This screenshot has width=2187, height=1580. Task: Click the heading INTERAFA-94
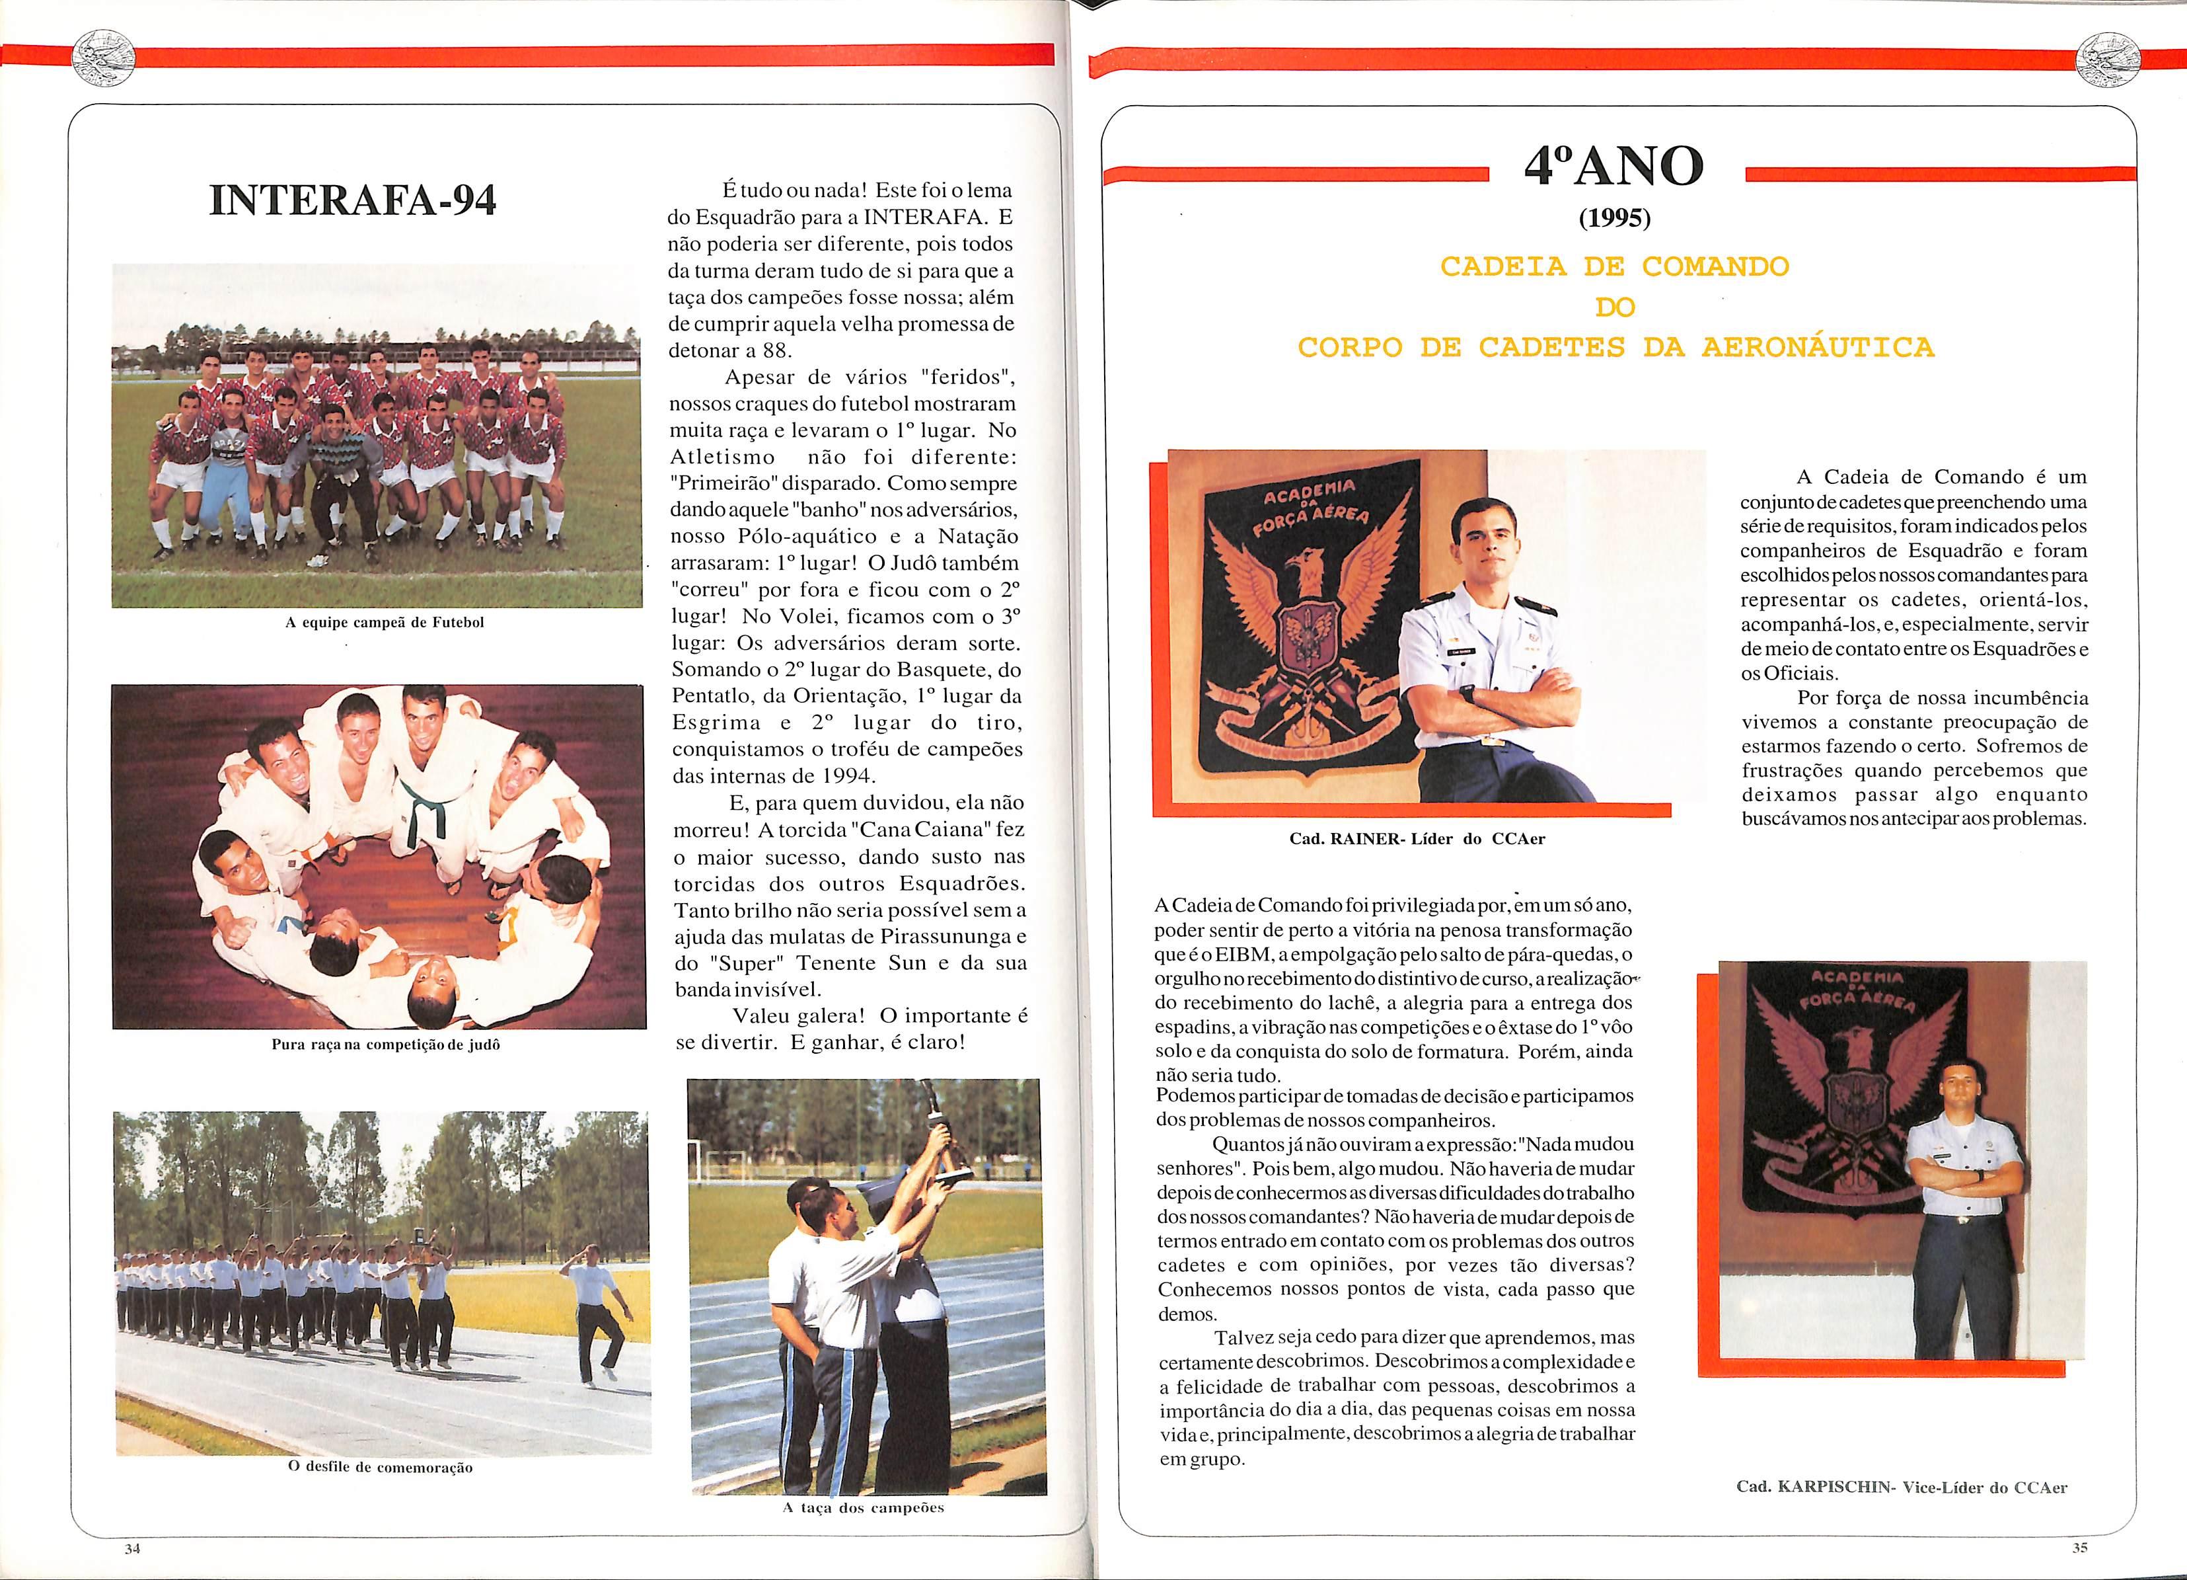[x=353, y=200]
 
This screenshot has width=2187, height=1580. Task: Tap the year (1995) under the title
[x=1615, y=219]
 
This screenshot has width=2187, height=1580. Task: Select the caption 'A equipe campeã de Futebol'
[x=385, y=622]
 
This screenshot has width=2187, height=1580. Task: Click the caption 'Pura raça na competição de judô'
[x=386, y=1044]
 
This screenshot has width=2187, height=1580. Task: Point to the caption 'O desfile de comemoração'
[x=381, y=1467]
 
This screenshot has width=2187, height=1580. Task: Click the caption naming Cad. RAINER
[x=1417, y=838]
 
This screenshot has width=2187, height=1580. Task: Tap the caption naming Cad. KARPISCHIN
[x=1902, y=1486]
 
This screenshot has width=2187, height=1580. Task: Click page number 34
[x=132, y=1548]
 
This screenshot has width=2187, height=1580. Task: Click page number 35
[x=2079, y=1547]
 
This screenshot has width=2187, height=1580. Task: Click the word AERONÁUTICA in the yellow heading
[x=1818, y=347]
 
